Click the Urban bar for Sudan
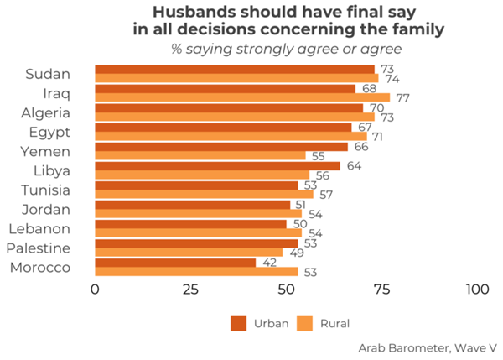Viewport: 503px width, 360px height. click(235, 69)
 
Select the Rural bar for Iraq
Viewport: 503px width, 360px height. click(242, 97)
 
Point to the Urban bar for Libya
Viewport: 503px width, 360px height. click(217, 165)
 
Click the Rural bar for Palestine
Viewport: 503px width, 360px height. click(189, 252)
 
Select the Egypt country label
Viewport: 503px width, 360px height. click(49, 132)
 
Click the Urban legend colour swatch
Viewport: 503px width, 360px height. click(238, 323)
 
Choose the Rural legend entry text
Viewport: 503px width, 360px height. click(334, 323)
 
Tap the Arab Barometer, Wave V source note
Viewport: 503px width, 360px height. click(428, 347)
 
